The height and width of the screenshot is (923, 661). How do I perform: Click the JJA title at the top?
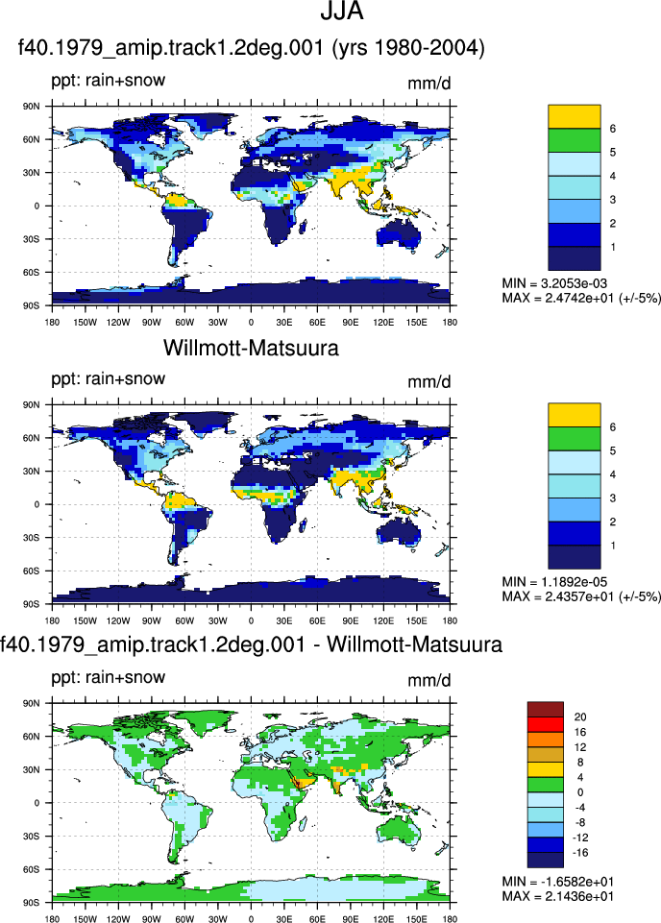pos(341,11)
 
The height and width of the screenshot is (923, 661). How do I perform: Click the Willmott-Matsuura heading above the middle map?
pos(251,348)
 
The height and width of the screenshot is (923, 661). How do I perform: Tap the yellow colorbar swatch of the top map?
pos(574,116)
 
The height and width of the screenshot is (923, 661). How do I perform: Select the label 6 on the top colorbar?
pos(613,129)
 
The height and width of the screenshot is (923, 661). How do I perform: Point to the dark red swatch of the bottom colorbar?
pos(546,710)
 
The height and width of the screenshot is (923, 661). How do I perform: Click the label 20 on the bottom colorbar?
pos(579,717)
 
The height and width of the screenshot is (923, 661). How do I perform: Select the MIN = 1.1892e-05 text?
pos(553,582)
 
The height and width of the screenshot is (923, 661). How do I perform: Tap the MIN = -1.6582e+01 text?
pos(557,881)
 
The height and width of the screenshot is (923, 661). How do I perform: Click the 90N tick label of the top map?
pos(32,107)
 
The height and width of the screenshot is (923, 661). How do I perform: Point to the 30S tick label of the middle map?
pos(32,538)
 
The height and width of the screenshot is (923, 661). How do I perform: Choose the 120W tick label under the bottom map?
pos(118,919)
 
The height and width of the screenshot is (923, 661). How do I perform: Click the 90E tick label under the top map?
pos(351,322)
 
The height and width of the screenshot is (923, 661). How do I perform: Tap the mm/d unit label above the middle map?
pos(429,382)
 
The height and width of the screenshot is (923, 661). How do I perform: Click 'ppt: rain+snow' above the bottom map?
pos(109,677)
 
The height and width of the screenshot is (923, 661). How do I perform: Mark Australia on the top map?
pos(399,234)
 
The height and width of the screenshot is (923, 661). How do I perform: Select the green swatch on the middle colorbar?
pos(574,439)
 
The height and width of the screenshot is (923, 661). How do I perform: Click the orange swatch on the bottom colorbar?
pos(546,740)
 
